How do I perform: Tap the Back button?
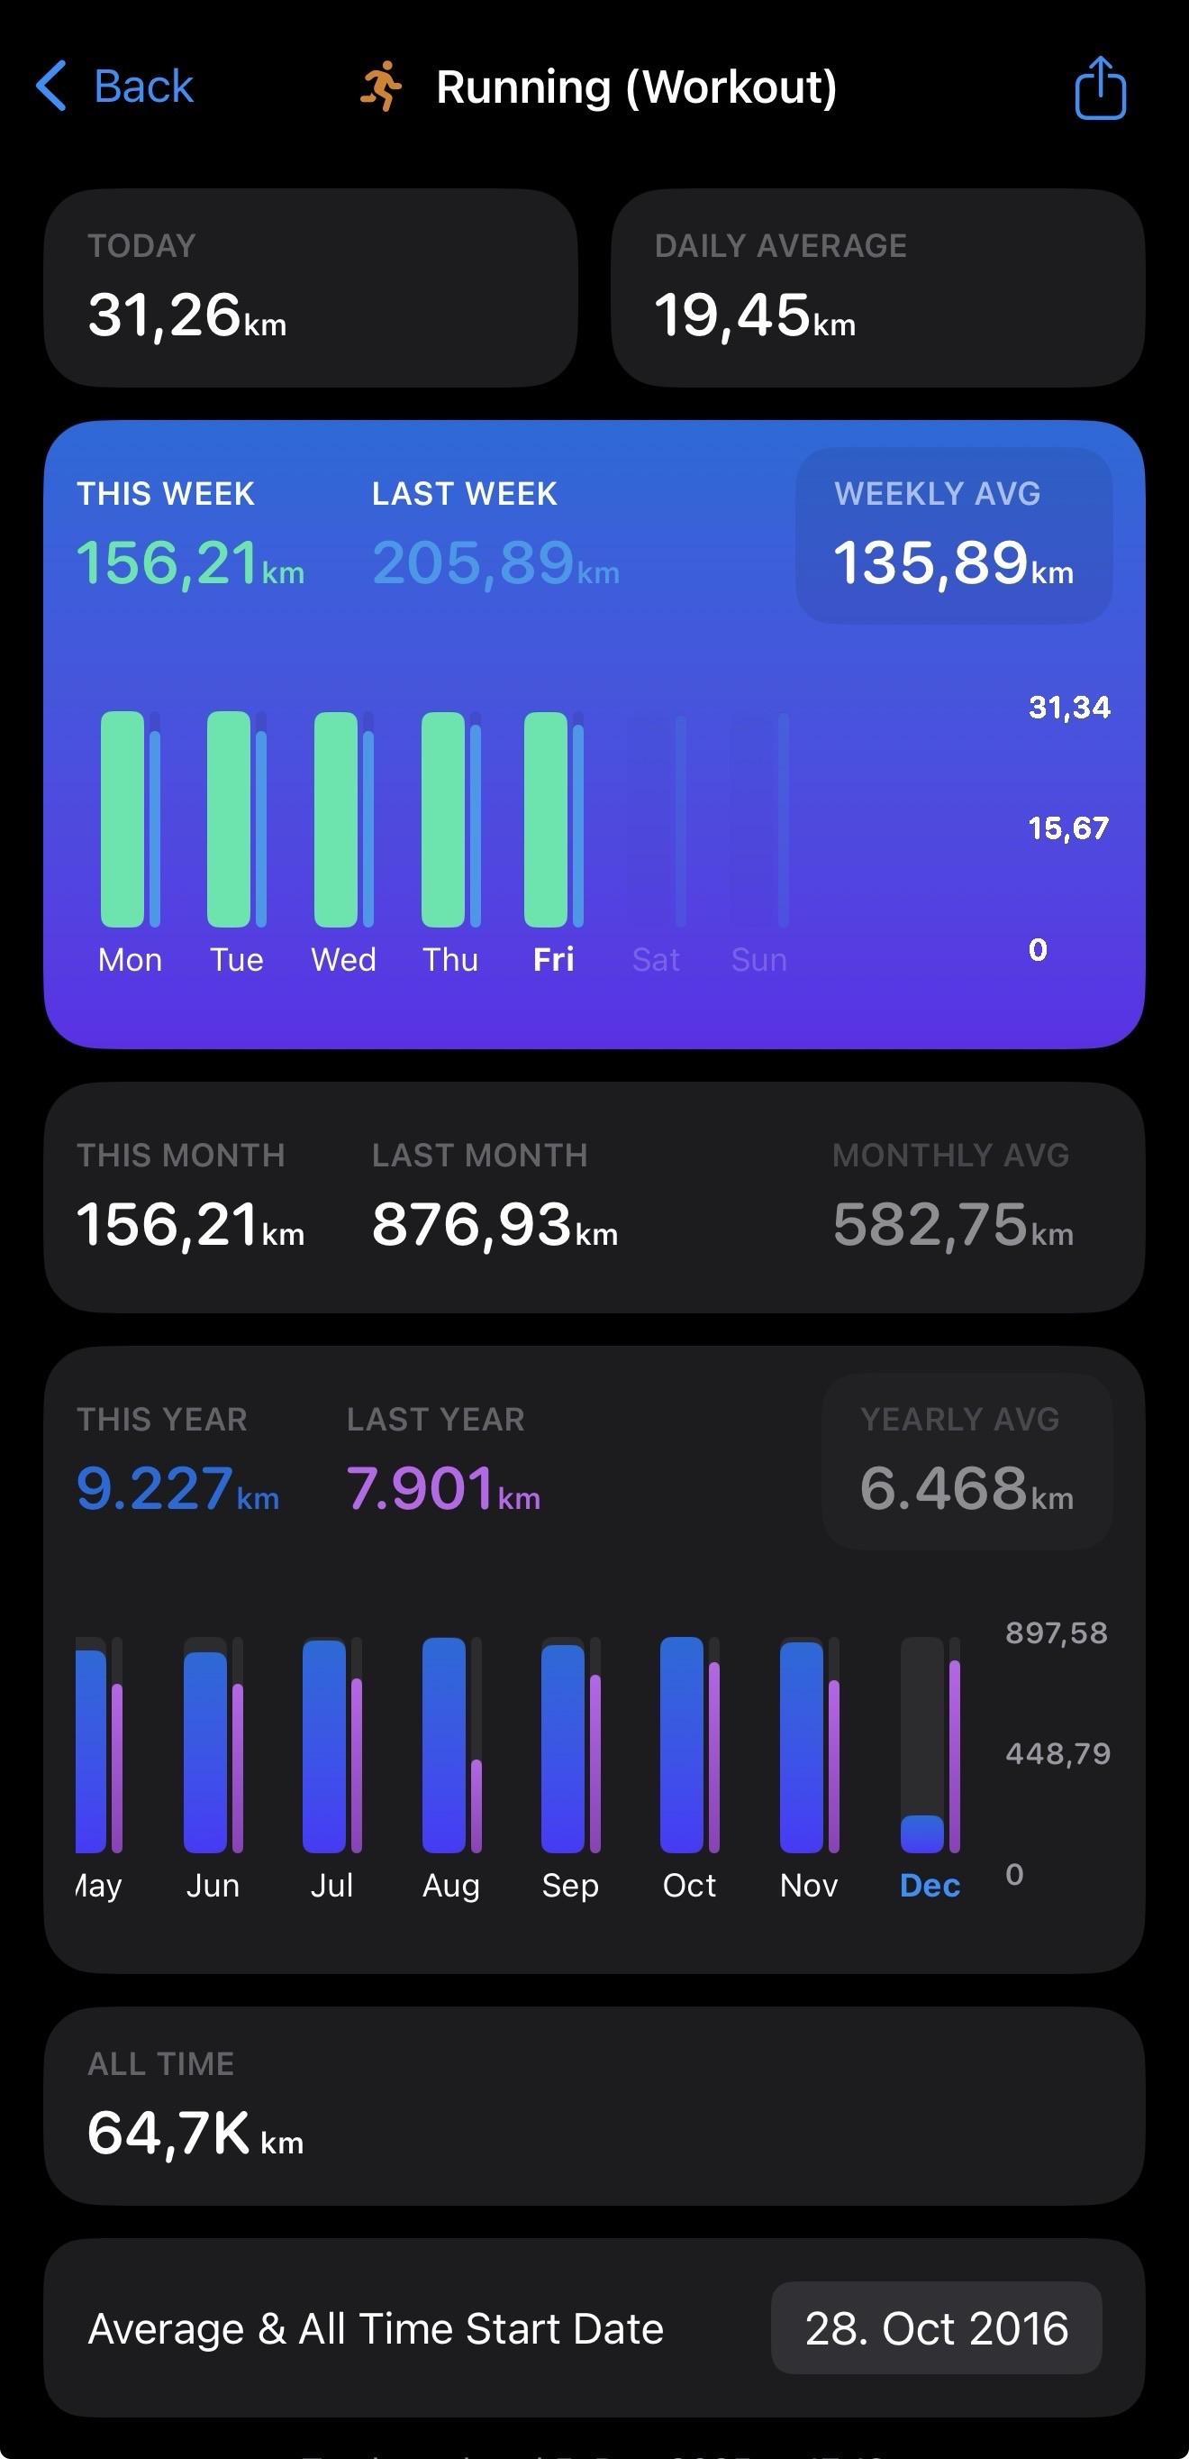point(115,87)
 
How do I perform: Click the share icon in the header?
point(1100,87)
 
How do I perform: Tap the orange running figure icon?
point(381,87)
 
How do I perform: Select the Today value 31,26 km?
point(187,316)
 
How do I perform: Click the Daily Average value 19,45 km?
point(755,316)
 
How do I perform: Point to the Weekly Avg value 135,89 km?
point(952,562)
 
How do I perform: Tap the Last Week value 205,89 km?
point(495,562)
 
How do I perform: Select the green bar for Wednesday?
point(336,819)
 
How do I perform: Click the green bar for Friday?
point(546,819)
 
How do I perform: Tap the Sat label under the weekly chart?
point(656,959)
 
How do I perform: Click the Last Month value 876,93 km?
point(495,1225)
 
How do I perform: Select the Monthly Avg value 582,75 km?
point(952,1225)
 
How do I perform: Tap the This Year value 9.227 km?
point(177,1488)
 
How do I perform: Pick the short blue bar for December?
point(921,1833)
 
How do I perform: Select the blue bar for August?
point(444,1745)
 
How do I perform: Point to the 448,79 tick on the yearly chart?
point(1057,1753)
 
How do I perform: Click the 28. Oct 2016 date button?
point(936,2328)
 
